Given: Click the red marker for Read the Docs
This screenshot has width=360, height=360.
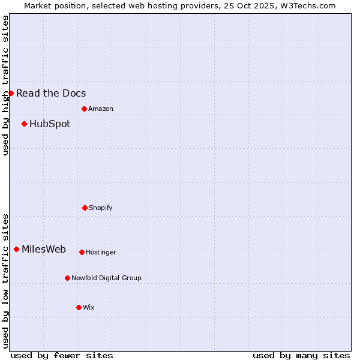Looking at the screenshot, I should coord(11,93).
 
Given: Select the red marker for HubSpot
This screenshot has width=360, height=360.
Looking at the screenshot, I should coord(24,124).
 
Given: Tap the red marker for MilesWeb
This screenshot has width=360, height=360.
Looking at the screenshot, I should coord(16,249).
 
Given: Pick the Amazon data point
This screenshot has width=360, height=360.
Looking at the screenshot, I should coord(84,109).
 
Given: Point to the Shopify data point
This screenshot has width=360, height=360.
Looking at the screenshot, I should coord(85,208).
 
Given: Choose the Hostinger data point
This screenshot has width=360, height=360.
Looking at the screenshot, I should coord(82,252).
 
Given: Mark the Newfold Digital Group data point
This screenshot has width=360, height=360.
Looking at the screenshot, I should coord(67,278).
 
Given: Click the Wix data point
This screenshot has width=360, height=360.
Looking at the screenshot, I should coord(79,307).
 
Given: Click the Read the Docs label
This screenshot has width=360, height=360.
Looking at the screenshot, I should coord(51,93).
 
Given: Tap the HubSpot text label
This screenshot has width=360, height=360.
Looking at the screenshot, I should coord(50,124).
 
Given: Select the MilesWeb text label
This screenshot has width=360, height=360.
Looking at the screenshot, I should coord(44,250).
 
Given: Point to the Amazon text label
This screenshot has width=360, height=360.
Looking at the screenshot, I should coord(101,109).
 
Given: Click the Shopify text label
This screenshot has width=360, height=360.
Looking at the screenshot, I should coord(101,208).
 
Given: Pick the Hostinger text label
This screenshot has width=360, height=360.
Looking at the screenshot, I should coord(101,253).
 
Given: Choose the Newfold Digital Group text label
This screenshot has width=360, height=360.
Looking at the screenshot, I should coord(106,278).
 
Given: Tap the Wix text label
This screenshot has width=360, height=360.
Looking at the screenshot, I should coord(89,308).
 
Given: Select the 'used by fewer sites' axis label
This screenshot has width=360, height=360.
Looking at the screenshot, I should coord(62,355).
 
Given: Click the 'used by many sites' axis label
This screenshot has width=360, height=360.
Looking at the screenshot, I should coord(301,355).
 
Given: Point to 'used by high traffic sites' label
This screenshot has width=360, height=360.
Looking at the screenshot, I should coord(5,85).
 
